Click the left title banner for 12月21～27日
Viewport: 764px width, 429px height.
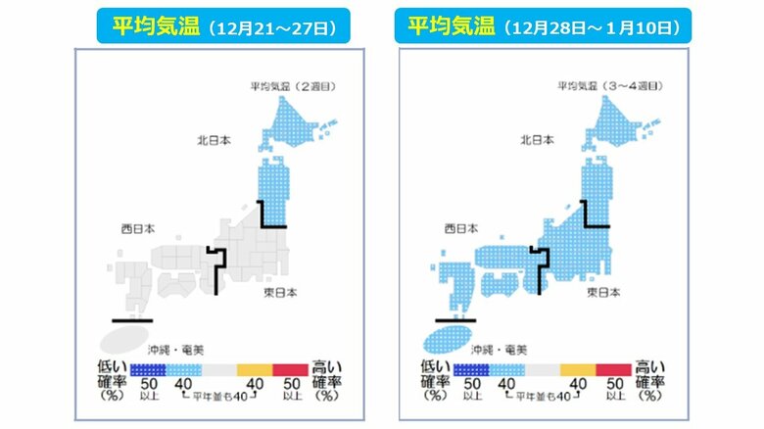(x=217, y=27)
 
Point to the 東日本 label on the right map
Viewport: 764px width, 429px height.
(x=604, y=293)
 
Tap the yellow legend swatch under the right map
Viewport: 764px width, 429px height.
(x=578, y=369)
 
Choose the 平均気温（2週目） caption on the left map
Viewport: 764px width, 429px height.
(x=290, y=87)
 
